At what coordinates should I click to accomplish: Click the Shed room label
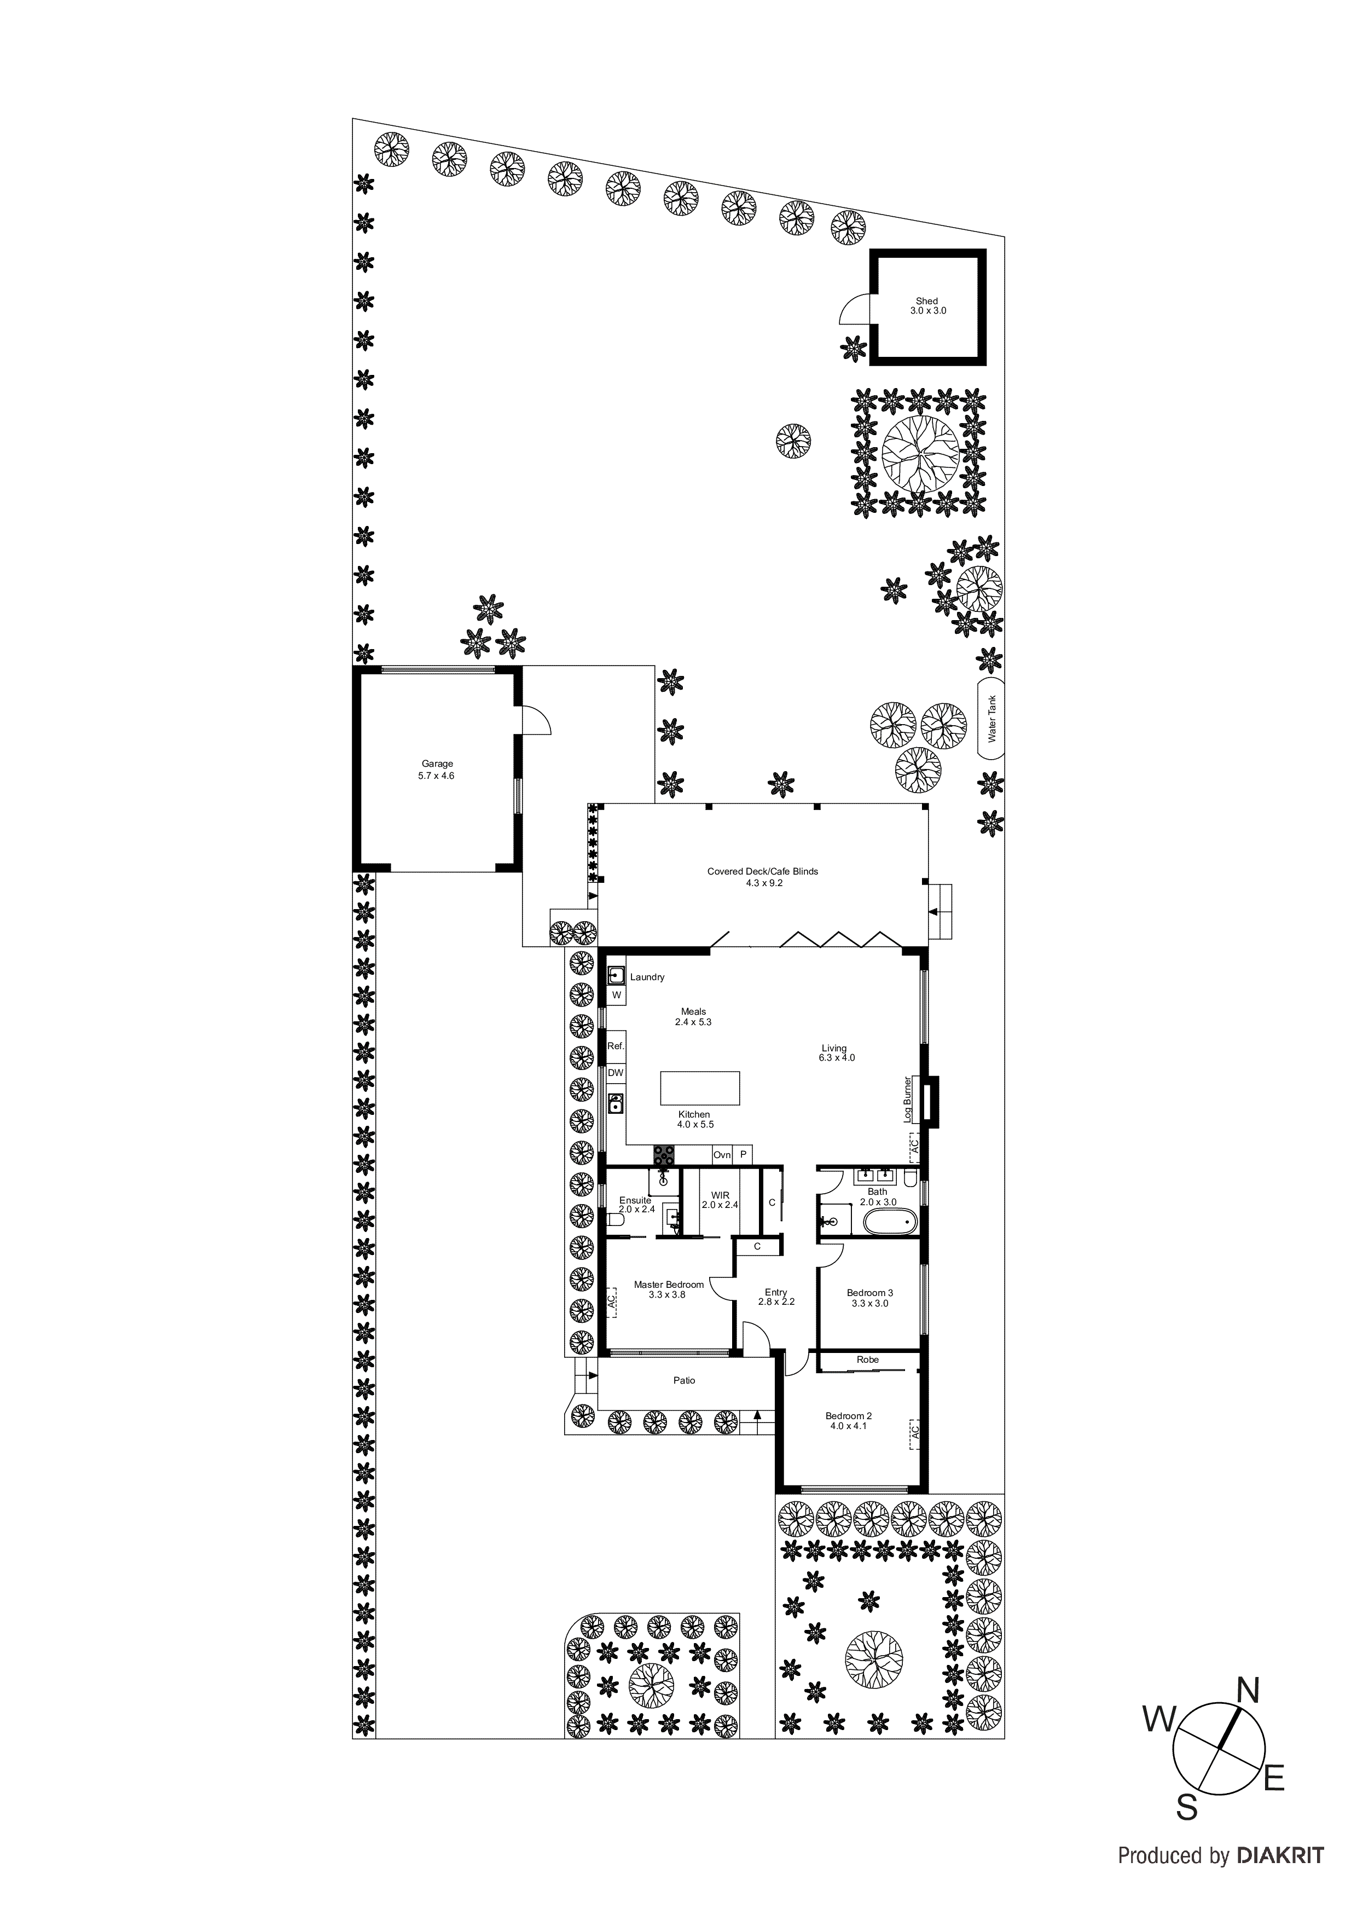point(926,306)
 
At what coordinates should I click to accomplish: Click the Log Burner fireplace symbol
point(929,1100)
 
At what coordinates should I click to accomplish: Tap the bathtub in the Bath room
point(888,1222)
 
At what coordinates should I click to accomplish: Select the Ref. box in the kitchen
point(616,1046)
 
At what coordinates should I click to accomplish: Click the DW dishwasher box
point(616,1073)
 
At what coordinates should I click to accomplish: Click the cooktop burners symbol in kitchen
point(665,1155)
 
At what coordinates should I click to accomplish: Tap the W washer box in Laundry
point(616,995)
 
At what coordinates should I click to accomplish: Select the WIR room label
point(720,1200)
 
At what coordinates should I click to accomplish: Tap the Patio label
point(684,1381)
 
